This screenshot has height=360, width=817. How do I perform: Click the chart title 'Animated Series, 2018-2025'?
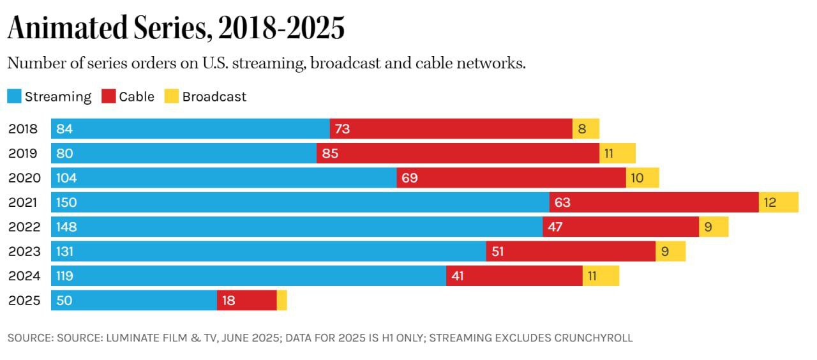click(176, 28)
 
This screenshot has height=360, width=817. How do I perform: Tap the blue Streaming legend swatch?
click(14, 96)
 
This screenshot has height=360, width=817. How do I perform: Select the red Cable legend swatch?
click(109, 96)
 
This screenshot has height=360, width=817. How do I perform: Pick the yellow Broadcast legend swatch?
click(171, 96)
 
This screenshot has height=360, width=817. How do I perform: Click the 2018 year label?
click(24, 129)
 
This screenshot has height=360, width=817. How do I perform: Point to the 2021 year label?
click(24, 202)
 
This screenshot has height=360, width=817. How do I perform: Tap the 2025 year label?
click(24, 301)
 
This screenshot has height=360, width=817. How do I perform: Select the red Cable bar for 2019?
click(458, 153)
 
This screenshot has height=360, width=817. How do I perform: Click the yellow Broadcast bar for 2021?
click(778, 202)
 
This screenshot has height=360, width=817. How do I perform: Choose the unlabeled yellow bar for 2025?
click(281, 301)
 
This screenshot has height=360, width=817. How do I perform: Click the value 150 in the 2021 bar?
click(66, 202)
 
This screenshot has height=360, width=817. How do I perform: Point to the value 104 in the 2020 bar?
click(66, 178)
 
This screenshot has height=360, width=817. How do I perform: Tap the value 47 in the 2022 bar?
click(555, 227)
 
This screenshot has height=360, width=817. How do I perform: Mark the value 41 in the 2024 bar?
click(458, 276)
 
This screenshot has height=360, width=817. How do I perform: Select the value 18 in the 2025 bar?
click(229, 301)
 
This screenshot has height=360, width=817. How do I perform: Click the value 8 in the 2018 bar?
click(581, 129)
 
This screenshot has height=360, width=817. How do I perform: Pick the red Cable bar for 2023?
click(571, 251)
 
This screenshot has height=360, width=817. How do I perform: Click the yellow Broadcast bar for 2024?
click(601, 276)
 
